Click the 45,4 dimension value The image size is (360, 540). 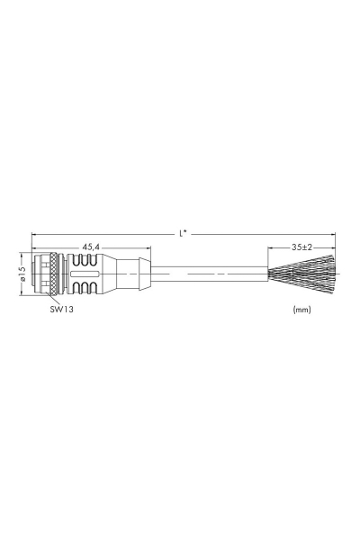[x=91, y=246]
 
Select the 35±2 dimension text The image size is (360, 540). [x=301, y=246]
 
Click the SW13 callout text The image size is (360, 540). [x=62, y=309]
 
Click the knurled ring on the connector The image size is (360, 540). [x=53, y=273]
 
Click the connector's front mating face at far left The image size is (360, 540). [x=35, y=273]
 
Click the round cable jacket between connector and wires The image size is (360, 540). [x=207, y=273]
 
